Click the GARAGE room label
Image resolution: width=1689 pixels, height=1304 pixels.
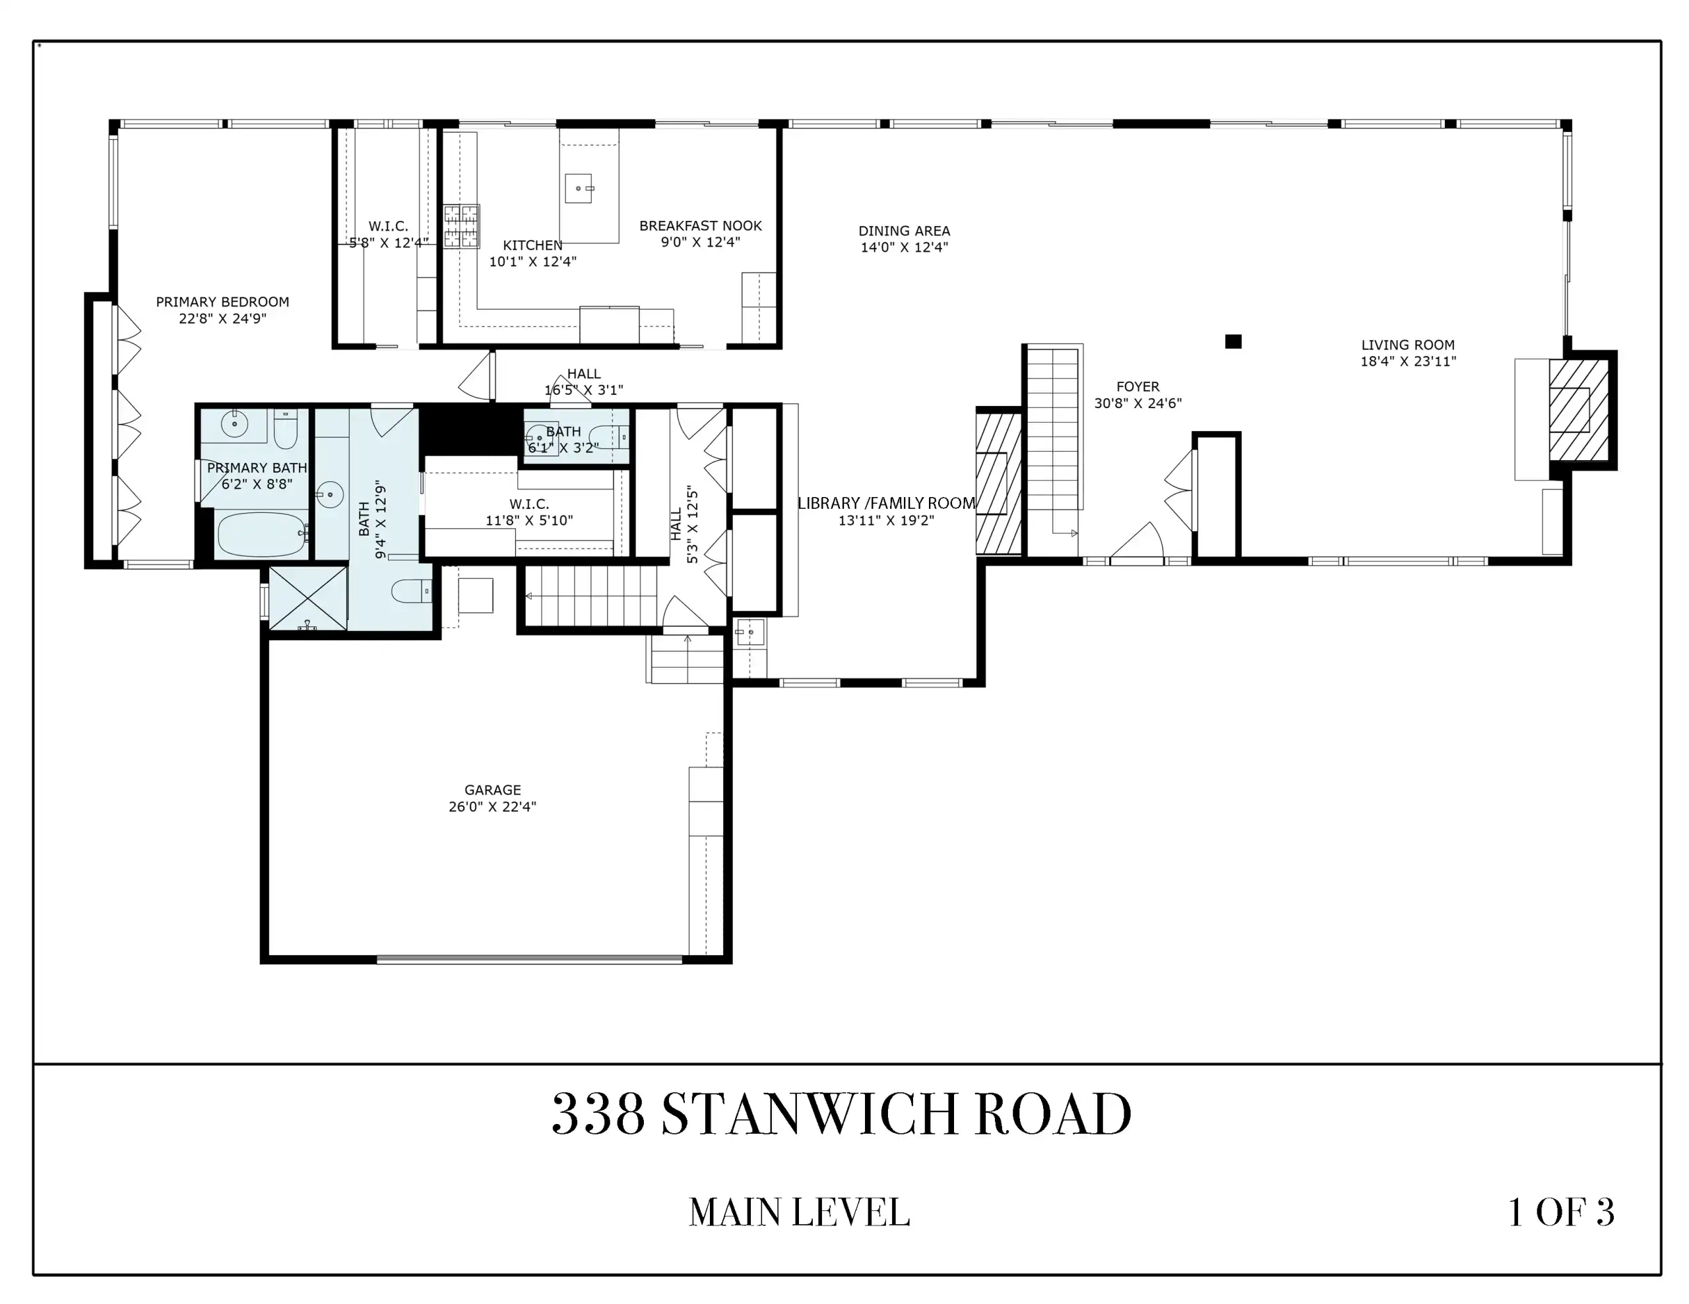493,790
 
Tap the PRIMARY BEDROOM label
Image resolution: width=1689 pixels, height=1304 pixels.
223,302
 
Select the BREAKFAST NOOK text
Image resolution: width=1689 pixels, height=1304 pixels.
701,225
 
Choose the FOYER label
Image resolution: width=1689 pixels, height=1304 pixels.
1137,386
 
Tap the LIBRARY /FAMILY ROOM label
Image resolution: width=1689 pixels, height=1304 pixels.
886,503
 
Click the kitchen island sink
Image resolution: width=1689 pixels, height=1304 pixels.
579,188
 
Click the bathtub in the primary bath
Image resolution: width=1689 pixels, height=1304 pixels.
261,534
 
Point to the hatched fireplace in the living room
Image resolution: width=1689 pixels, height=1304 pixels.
1578,411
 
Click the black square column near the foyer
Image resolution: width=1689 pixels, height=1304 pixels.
1234,341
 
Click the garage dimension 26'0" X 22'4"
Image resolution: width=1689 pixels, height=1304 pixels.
493,807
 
